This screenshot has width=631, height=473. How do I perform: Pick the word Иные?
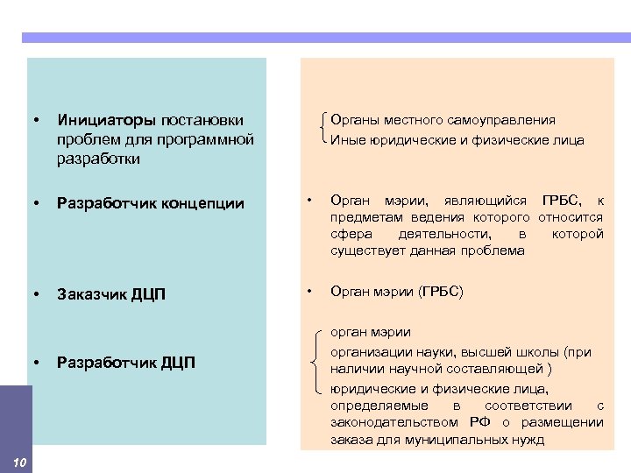coord(345,139)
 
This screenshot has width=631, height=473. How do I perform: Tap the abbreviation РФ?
coord(479,422)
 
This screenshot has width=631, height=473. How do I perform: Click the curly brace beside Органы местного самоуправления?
coord(324,129)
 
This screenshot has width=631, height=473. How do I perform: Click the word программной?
coord(215,139)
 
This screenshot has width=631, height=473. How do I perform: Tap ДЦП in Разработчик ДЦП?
coord(178,362)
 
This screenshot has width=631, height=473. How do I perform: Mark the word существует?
coord(370,251)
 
